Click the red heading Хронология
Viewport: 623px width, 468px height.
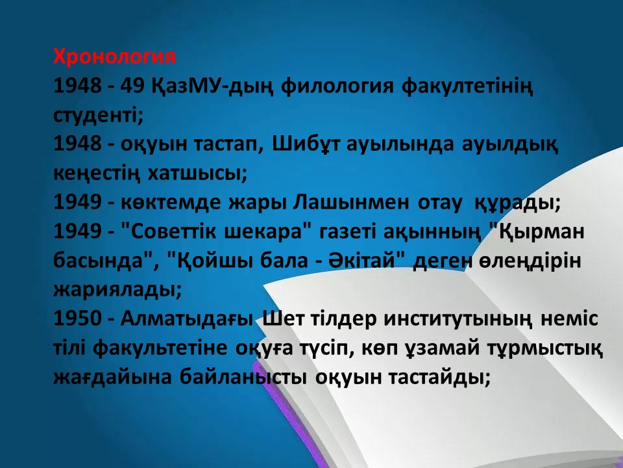pos(114,57)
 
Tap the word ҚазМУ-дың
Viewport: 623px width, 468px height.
pos(213,86)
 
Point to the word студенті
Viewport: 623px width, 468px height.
pos(98,115)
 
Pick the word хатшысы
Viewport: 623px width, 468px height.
pos(197,174)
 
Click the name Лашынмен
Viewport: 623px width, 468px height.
pos(351,203)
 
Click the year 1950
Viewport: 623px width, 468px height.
pos(77,318)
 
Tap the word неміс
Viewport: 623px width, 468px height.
pos(569,318)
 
